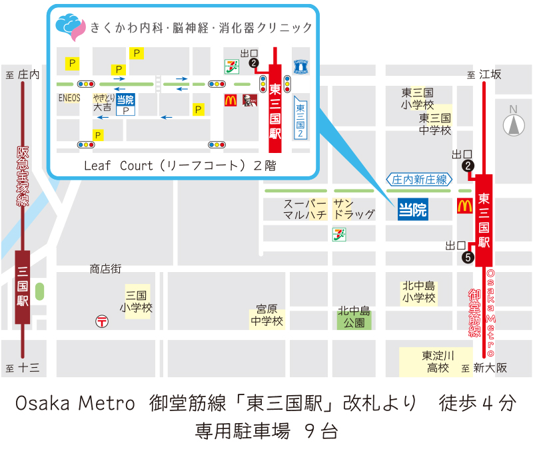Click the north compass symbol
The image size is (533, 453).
coord(513,122)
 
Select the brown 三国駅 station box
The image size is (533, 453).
coord(23,287)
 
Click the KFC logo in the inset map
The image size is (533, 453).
coord(245,100)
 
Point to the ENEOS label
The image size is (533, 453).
coord(69,98)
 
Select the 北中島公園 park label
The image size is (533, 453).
coord(354,317)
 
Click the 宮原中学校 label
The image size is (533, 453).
coord(267,316)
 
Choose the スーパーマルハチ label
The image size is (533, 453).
coord(305,210)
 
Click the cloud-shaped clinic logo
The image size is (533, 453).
coord(70,27)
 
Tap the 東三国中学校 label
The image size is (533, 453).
coord(435,124)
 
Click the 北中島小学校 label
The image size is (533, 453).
coord(419,292)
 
